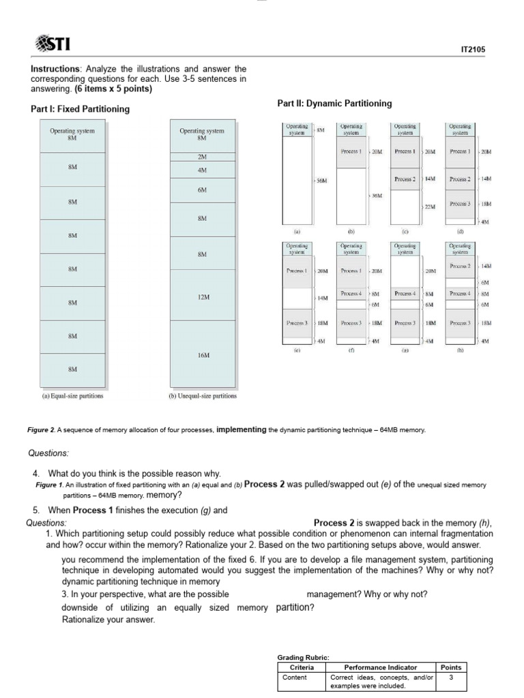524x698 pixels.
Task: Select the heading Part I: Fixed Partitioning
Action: [81, 109]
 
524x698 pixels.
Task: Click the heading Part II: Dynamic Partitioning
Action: [334, 104]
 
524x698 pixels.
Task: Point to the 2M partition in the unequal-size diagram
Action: [202, 157]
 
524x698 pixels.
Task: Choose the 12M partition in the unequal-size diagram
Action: [202, 297]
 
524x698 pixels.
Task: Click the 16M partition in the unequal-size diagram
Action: [202, 355]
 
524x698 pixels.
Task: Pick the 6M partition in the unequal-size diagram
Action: [202, 190]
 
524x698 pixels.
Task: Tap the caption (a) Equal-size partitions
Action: [73, 395]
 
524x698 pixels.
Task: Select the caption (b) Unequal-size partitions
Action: [202, 395]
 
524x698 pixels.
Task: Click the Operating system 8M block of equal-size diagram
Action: [72, 134]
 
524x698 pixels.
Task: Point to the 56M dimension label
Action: [320, 181]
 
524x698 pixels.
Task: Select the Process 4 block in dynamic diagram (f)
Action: [351, 293]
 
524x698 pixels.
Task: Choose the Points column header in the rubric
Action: [451, 667]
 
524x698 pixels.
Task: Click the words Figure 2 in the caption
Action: [42, 430]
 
